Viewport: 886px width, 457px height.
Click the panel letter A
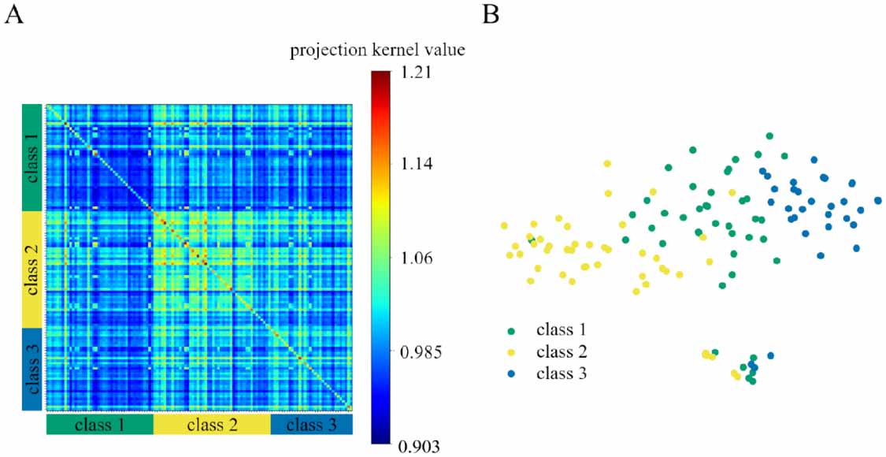tap(13, 15)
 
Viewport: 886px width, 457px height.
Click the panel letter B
tap(490, 15)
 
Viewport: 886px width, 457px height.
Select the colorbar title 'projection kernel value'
tap(377, 51)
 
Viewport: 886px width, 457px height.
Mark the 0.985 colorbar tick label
tap(419, 351)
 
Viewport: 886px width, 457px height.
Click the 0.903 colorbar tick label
tap(419, 445)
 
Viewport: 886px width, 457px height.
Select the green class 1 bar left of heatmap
tap(32, 158)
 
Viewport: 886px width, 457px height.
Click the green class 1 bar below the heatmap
tap(99, 425)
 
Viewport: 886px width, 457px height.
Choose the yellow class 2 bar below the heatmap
tap(211, 425)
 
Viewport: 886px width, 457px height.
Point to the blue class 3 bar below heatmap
tap(311, 425)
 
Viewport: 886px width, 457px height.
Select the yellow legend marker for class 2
tap(512, 353)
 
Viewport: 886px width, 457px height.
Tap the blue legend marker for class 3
tap(512, 374)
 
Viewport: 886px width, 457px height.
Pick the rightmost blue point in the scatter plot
tap(877, 201)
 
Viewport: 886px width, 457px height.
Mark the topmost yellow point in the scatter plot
tap(607, 164)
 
